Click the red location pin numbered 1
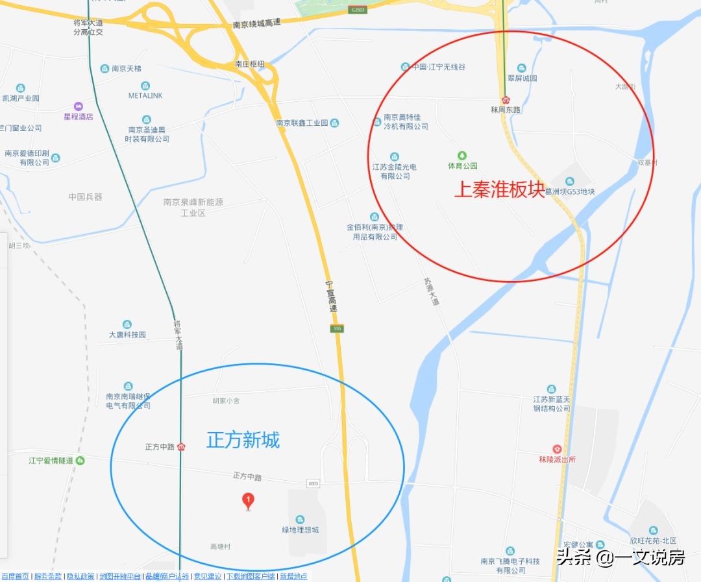coord(247,500)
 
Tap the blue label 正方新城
coord(243,440)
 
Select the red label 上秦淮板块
coord(499,189)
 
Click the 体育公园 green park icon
coord(462,155)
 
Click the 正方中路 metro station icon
coord(182,446)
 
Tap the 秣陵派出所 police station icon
coord(557,449)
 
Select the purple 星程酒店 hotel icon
coord(78,106)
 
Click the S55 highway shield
coord(336,329)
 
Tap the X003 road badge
coord(314,483)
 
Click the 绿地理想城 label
coord(300,530)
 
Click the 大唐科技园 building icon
coord(127,324)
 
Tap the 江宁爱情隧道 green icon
coord(80,460)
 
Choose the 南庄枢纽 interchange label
coord(250,64)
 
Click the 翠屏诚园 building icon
coord(521,68)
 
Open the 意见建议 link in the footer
coord(207,576)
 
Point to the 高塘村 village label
coord(220,547)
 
